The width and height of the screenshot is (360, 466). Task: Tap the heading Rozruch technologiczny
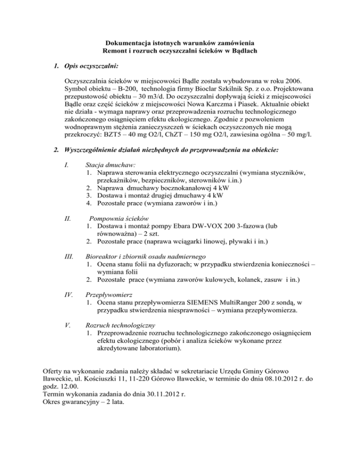[x=120, y=324]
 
